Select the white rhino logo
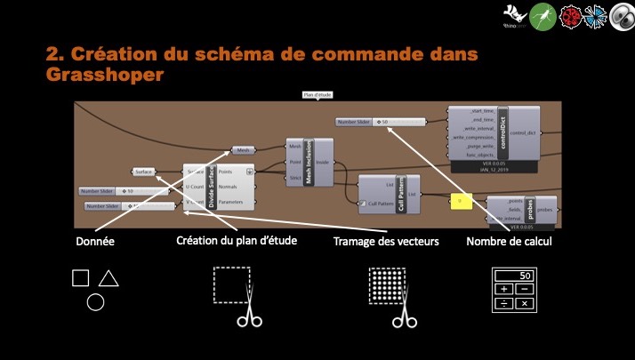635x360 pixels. [x=515, y=14]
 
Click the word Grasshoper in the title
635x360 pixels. [x=105, y=76]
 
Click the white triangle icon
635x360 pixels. [x=109, y=279]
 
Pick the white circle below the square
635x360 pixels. [x=95, y=302]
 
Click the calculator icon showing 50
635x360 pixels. [x=514, y=290]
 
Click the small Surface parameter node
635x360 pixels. [x=145, y=171]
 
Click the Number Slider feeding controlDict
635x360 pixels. [x=379, y=121]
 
